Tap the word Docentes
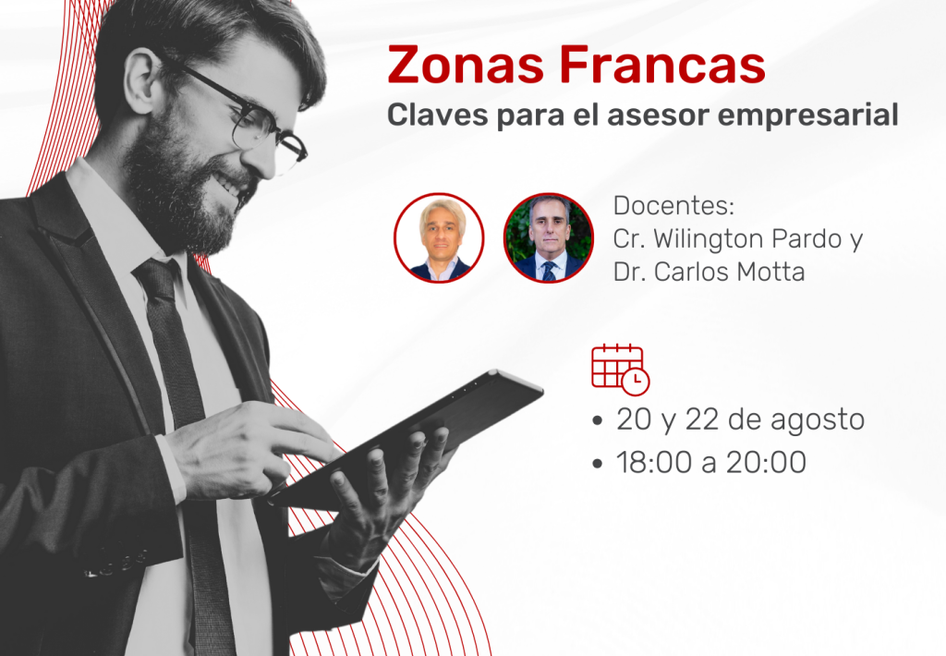click(673, 206)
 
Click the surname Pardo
click(806, 239)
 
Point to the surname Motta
click(770, 273)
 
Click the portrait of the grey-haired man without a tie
click(439, 237)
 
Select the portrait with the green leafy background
click(549, 237)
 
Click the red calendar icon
click(620, 370)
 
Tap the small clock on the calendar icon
click(636, 382)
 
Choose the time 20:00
click(766, 463)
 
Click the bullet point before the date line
click(598, 420)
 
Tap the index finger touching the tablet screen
click(302, 438)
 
